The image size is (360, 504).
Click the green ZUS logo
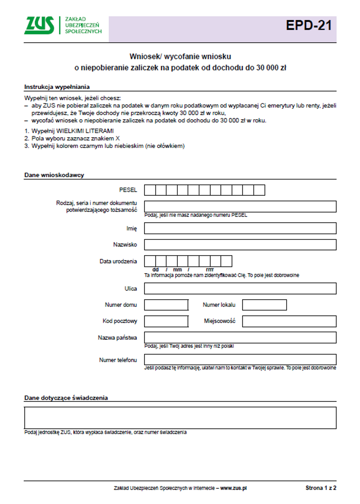(39, 25)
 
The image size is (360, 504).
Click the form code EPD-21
(309, 25)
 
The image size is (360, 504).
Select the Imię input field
(240, 228)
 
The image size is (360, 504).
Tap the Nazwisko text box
(240, 245)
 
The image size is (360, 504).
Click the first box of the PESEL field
(150, 190)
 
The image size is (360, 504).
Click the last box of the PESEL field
(259, 190)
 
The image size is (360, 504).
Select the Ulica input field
(240, 288)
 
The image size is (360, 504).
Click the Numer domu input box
(166, 305)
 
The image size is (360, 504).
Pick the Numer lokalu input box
(264, 305)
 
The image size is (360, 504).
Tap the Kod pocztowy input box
(166, 321)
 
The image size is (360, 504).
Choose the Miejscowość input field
(289, 321)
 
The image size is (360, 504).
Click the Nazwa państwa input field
(240, 337)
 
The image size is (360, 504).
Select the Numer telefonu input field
(240, 359)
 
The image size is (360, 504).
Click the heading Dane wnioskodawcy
(54, 175)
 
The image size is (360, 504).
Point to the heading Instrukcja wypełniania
(57, 87)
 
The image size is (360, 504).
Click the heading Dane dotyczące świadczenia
(66, 398)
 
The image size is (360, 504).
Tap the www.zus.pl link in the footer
(233, 488)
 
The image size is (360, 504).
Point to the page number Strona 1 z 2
(321, 488)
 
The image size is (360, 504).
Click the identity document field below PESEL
(240, 207)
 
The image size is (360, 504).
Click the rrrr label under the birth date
(210, 270)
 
